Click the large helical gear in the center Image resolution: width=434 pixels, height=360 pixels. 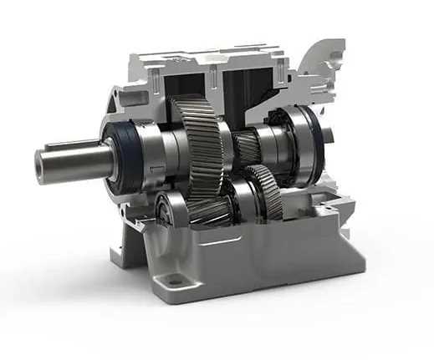(201, 142)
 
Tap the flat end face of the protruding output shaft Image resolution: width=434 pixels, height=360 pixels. (44, 162)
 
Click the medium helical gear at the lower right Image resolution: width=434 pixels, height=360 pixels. (263, 192)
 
